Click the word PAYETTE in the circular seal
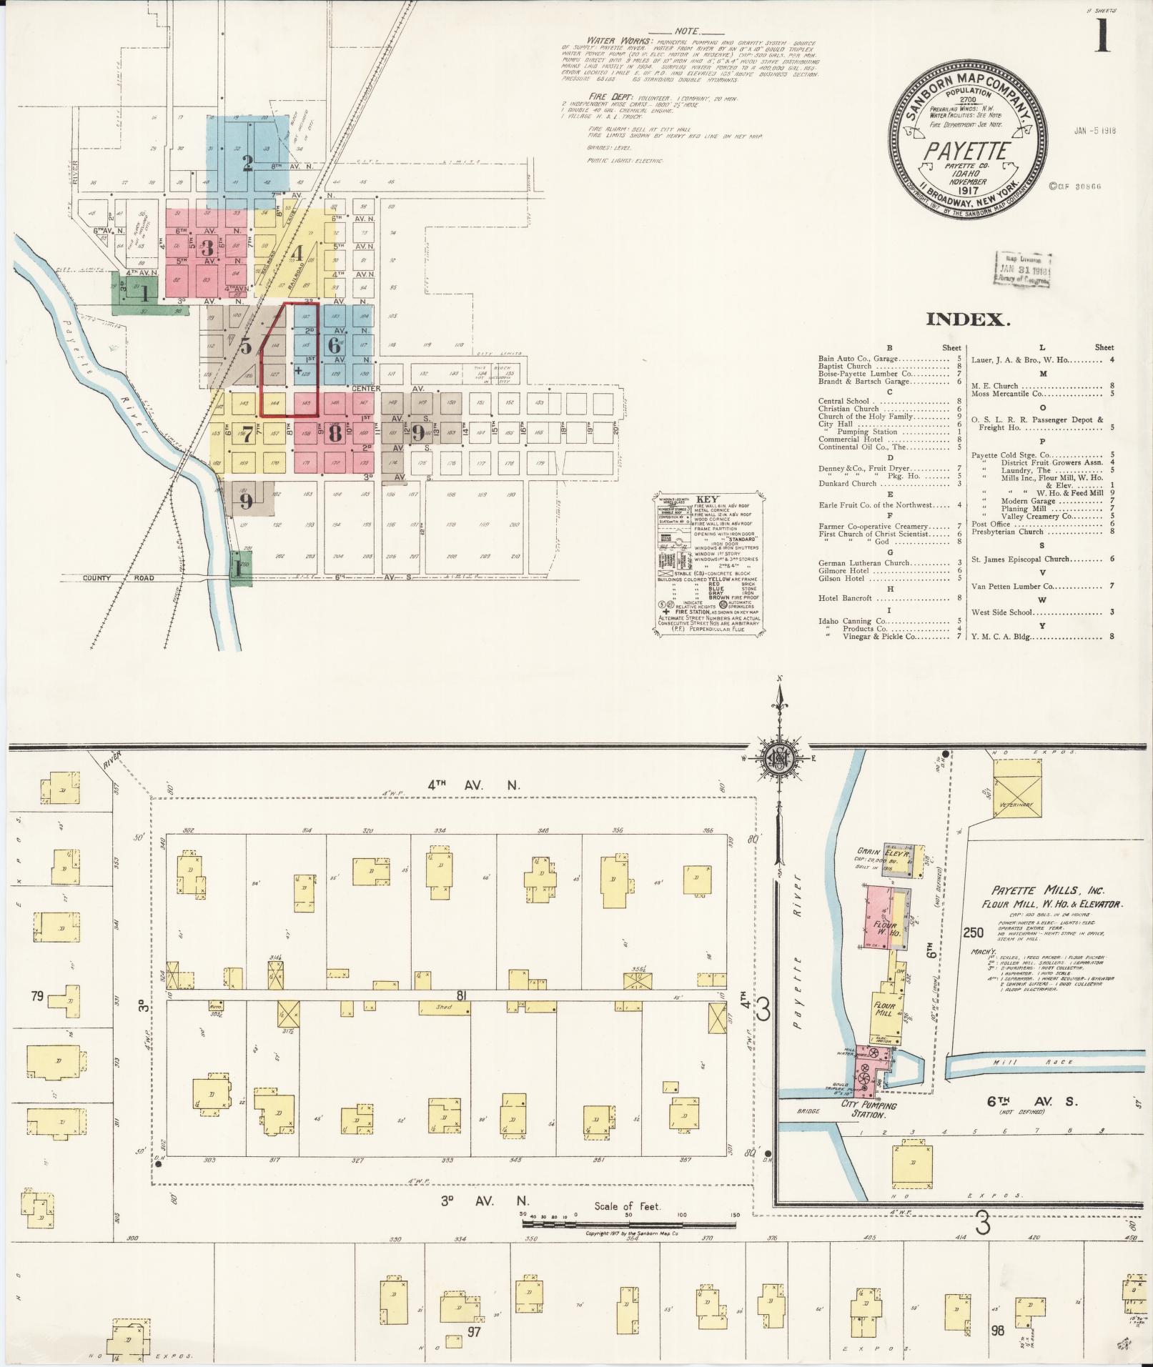(967, 151)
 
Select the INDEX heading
(968, 319)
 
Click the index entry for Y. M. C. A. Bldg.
(1001, 636)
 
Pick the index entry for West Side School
(1003, 612)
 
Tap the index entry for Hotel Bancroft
(846, 598)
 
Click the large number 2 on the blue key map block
(247, 163)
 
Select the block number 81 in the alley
(462, 994)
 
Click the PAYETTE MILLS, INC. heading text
(1048, 891)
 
